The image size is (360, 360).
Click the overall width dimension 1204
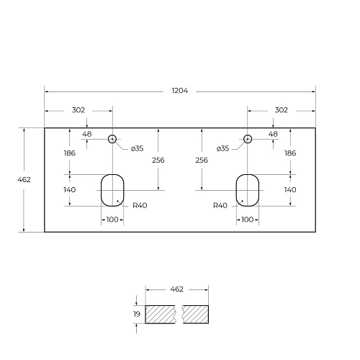pos(180,91)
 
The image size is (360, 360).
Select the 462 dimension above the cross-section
pos(177,289)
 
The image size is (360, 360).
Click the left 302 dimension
pos(78,110)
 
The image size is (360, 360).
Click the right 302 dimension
pos(281,110)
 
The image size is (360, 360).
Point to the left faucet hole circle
pos(112,138)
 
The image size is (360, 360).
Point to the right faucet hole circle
pos(247,138)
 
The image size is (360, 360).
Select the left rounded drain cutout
pos(112,189)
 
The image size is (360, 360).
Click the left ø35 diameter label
pos(139,148)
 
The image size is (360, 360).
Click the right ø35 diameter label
pos(222,148)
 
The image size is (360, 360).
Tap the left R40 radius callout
pos(140,205)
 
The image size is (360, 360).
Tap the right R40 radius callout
pos(220,205)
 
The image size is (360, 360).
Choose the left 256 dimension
pos(158,160)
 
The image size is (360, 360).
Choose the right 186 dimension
pos(290,153)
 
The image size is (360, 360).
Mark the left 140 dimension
pos(70,189)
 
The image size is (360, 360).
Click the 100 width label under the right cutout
pos(247,219)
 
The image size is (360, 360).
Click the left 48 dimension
pos(87,134)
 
